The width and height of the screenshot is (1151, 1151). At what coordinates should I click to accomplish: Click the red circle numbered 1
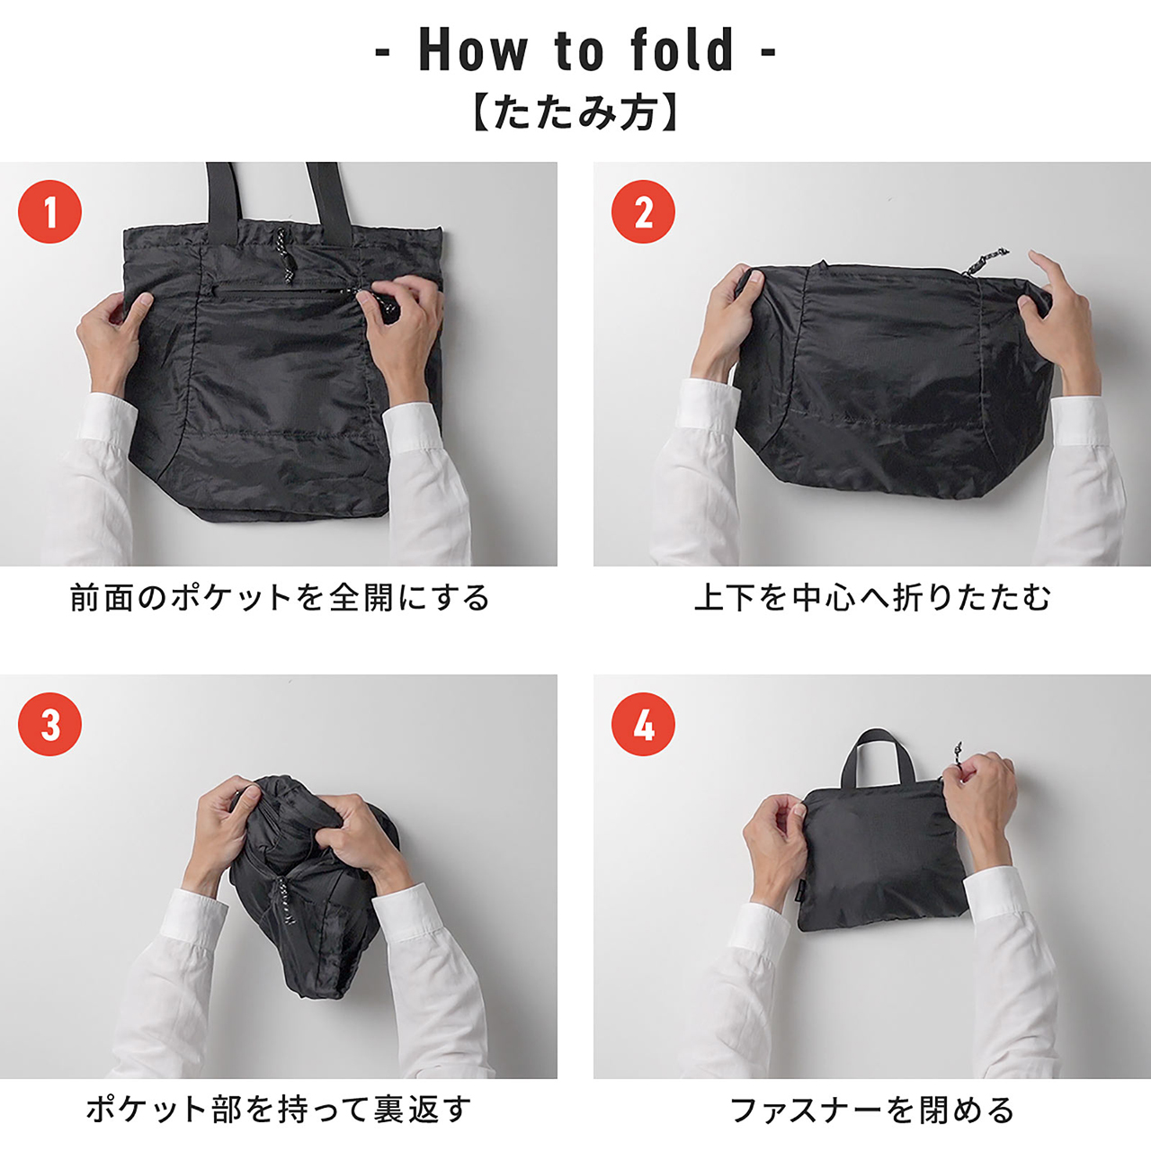(49, 212)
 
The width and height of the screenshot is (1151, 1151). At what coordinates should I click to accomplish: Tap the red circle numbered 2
(643, 212)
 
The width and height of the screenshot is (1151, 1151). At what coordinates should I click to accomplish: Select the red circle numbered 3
(49, 725)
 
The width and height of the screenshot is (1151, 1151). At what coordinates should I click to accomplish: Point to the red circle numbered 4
(643, 725)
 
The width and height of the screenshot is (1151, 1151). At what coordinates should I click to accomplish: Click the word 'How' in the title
(473, 50)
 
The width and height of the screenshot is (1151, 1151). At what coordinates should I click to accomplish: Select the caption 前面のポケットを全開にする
(280, 598)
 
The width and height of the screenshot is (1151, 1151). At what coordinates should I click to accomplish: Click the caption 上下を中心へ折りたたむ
(871, 598)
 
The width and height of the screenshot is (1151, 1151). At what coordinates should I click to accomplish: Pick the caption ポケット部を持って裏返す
(280, 1110)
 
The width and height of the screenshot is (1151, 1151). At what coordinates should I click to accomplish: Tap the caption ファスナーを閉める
(871, 1110)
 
